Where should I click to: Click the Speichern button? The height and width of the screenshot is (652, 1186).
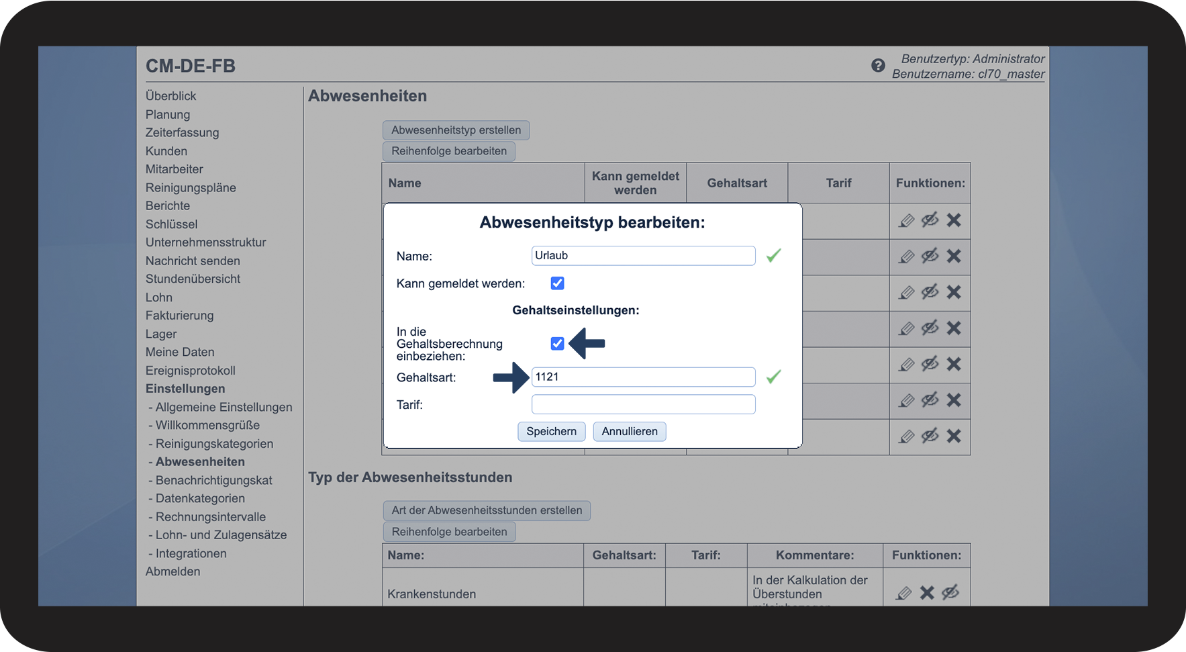pos(551,431)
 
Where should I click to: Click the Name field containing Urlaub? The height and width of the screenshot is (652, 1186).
pos(643,255)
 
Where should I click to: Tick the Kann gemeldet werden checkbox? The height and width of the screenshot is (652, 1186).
pos(557,283)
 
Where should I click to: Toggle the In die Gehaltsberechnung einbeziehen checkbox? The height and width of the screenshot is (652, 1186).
pos(557,344)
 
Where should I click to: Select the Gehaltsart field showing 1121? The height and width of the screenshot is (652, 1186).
pos(643,377)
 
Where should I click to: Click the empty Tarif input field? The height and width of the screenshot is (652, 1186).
pos(643,404)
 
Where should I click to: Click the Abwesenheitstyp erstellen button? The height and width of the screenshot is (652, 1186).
pos(456,130)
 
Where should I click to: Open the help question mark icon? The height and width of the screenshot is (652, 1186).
pos(878,65)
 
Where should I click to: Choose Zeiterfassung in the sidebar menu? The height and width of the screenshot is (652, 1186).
pos(182,133)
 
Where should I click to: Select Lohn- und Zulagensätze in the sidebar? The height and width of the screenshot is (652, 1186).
pos(221,535)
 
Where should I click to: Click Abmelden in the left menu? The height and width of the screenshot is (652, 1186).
pos(172,571)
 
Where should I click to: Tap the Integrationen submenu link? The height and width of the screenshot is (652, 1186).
pos(191,553)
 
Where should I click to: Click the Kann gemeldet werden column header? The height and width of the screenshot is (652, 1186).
pos(635,183)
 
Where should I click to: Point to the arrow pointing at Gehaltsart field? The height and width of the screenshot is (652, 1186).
pos(511,378)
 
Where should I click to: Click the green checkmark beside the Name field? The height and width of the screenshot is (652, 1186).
pos(774,255)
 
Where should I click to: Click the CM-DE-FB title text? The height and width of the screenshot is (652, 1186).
pos(191,66)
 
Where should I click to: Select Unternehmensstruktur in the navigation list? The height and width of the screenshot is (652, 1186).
pos(205,242)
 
